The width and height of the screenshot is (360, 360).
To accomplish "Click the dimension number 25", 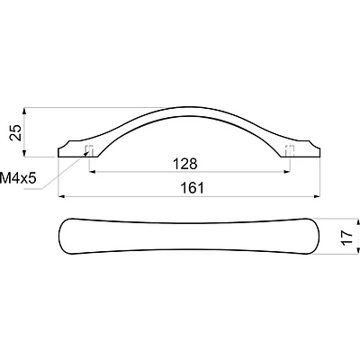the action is click(x=15, y=132).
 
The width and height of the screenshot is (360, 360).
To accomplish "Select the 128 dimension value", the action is click(x=185, y=164).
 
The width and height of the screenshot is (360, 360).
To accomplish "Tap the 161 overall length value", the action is click(x=193, y=188).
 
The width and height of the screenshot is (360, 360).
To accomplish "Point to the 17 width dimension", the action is click(x=347, y=238).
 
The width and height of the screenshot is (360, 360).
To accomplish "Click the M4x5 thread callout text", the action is click(x=18, y=178).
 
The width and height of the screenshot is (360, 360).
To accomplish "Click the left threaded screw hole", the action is click(x=89, y=150).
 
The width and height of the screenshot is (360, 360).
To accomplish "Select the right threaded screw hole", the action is click(x=289, y=150).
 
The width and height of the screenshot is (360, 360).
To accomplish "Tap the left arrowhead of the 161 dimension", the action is click(x=61, y=197).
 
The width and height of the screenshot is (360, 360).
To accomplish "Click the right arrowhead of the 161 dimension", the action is click(x=317, y=197).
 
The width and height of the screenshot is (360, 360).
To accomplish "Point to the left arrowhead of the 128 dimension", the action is click(x=93, y=172).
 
